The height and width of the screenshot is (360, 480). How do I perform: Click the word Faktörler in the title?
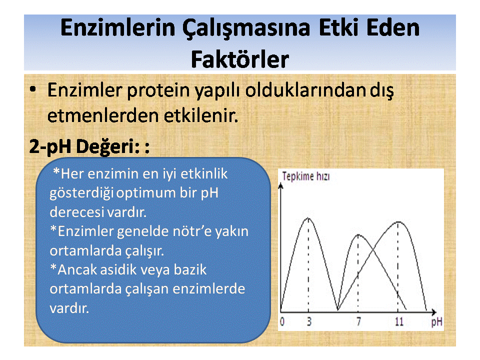(240, 59)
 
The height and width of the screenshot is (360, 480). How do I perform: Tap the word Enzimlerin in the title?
(118, 27)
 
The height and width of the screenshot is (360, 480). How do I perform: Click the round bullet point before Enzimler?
(33, 89)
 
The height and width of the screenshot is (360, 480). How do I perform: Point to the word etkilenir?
(201, 115)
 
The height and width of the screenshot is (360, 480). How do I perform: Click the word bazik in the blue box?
(190, 269)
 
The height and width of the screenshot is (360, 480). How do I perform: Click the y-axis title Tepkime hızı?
(306, 176)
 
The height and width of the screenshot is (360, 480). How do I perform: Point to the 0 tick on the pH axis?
(282, 321)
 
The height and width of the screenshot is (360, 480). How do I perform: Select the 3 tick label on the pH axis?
(309, 321)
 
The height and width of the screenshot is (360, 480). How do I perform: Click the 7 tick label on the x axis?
(358, 321)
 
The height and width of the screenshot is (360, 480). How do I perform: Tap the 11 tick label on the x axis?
(399, 321)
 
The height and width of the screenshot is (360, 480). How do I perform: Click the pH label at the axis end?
(437, 322)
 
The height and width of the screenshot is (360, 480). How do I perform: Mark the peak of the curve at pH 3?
(308, 218)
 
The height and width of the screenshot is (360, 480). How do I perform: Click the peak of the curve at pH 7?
(358, 235)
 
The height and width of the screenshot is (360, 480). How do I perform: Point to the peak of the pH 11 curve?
(398, 221)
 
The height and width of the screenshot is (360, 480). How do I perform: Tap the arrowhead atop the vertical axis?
(280, 185)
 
